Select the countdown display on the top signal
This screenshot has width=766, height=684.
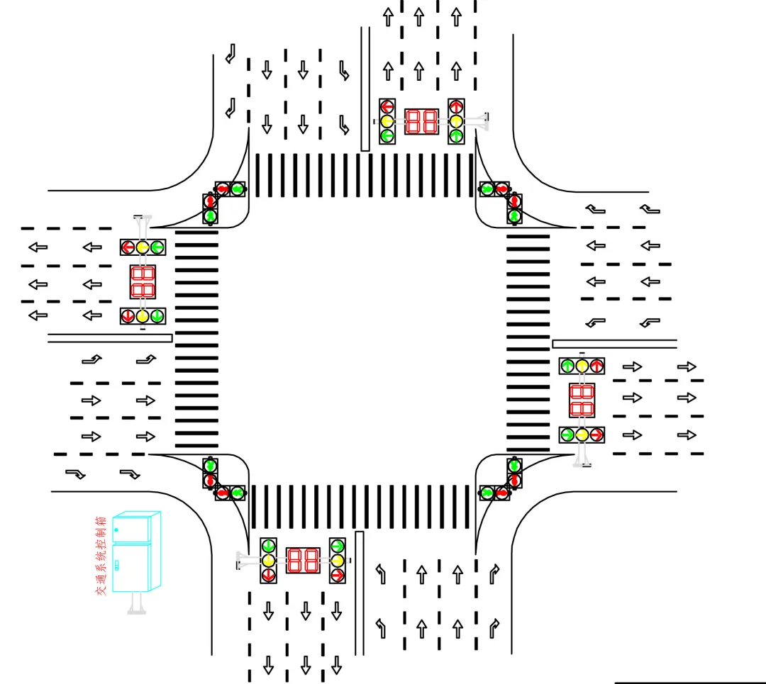[x=421, y=121]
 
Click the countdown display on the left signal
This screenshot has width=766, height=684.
[x=143, y=281]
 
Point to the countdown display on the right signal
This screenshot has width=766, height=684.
[x=582, y=400]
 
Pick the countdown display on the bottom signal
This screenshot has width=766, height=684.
[x=303, y=560]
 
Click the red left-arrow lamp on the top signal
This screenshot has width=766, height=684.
[x=387, y=107]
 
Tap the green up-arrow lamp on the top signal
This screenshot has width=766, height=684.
[x=456, y=135]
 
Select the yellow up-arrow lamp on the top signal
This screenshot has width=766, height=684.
[x=456, y=120]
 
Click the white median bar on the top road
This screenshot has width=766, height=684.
[x=365, y=89]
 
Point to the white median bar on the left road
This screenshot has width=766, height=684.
[x=110, y=338]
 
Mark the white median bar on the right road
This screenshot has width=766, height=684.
[x=614, y=344]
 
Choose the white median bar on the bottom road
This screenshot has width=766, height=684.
[x=359, y=593]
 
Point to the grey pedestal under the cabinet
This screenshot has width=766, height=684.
[x=136, y=602]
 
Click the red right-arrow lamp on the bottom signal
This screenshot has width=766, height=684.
[x=338, y=573]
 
